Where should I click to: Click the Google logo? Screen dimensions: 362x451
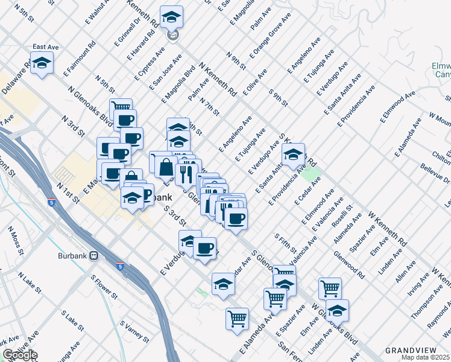(19, 355)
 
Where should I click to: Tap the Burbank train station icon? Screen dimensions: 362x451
(94, 255)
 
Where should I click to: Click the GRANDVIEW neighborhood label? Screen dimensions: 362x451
(406, 351)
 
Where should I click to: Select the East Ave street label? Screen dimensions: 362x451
(45, 47)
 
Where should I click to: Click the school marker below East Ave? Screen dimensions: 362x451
(42, 64)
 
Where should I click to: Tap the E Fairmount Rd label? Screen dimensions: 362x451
(79, 57)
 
